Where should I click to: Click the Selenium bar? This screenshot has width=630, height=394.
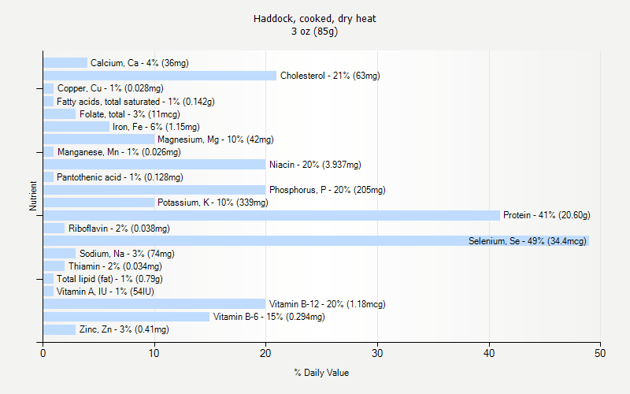(x=315, y=240)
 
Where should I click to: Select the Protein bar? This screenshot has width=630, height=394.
(x=271, y=215)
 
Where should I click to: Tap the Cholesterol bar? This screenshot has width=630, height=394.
(x=160, y=76)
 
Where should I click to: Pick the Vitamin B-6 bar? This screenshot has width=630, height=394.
(x=126, y=317)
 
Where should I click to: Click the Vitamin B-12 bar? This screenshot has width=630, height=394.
(x=154, y=304)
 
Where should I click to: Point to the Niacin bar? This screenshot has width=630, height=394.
(x=154, y=165)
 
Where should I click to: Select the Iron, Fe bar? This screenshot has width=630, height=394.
(x=76, y=126)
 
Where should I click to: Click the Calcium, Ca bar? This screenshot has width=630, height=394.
(x=65, y=62)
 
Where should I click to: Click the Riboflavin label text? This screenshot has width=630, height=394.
(x=119, y=229)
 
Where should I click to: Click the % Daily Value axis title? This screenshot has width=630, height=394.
(x=321, y=373)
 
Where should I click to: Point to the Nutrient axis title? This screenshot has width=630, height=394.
(x=33, y=196)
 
